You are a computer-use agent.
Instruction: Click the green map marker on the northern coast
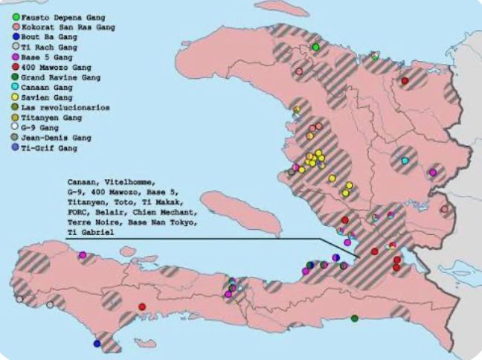point(315,47)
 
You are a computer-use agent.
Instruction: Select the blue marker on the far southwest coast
point(97,343)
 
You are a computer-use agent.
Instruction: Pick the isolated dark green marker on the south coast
point(354,318)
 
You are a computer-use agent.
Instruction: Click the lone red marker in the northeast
point(405,80)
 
